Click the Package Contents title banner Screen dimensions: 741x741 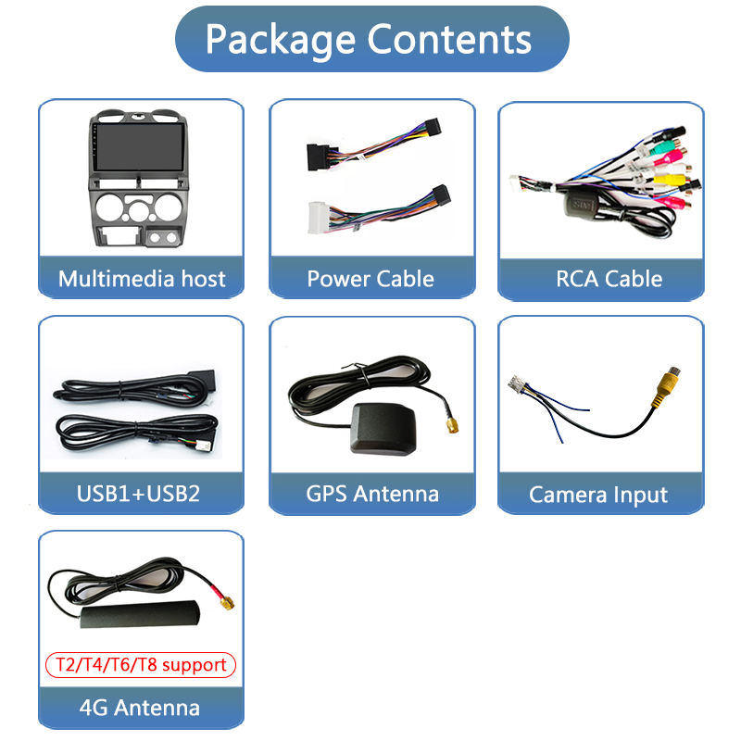coord(370,39)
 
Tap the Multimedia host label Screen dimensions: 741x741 coord(142,279)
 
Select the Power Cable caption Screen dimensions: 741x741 coord(370,279)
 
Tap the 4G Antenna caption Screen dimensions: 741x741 coord(142,708)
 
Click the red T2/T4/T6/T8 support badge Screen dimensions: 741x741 coord(142,664)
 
